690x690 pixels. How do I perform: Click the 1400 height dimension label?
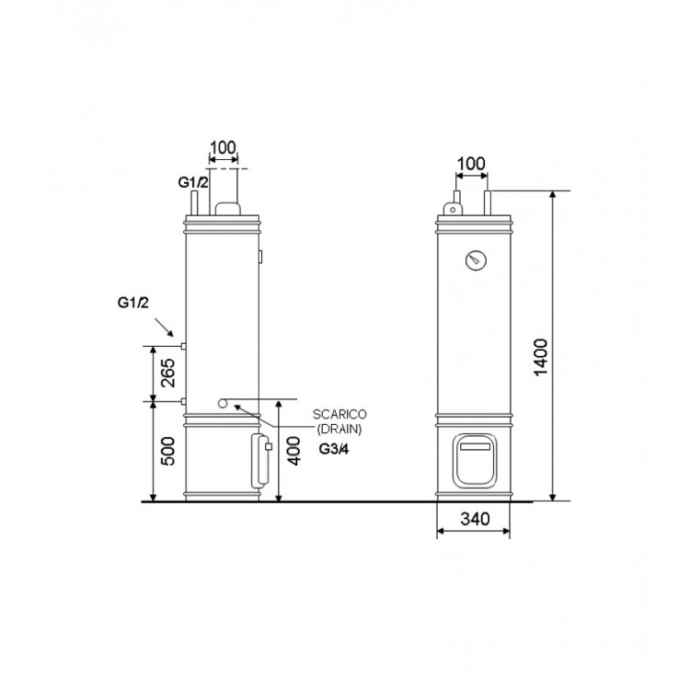[540, 357]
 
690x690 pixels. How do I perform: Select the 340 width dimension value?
[475, 519]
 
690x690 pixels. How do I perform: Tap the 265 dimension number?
[167, 374]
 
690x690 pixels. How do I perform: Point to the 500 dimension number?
[167, 451]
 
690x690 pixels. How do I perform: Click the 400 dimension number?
[293, 451]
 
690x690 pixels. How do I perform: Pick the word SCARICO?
[339, 415]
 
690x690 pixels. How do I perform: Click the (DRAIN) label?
[339, 429]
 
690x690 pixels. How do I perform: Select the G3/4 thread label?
[334, 449]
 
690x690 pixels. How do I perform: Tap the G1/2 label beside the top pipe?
[193, 182]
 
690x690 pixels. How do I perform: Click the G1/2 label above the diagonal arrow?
[132, 303]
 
